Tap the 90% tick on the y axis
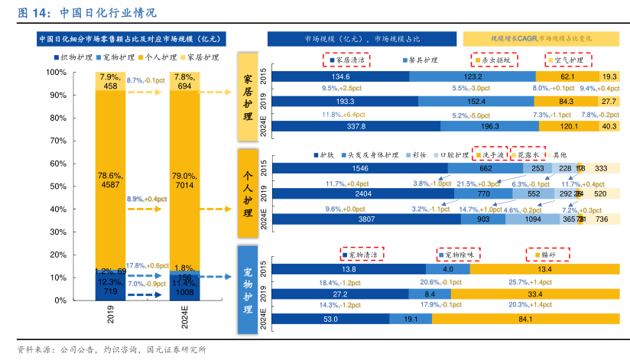point(57,96)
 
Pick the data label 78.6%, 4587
point(111,179)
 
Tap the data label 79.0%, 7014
point(183,179)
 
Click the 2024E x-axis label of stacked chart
point(183,316)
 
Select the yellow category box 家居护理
point(247,97)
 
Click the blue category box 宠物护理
point(247,290)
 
